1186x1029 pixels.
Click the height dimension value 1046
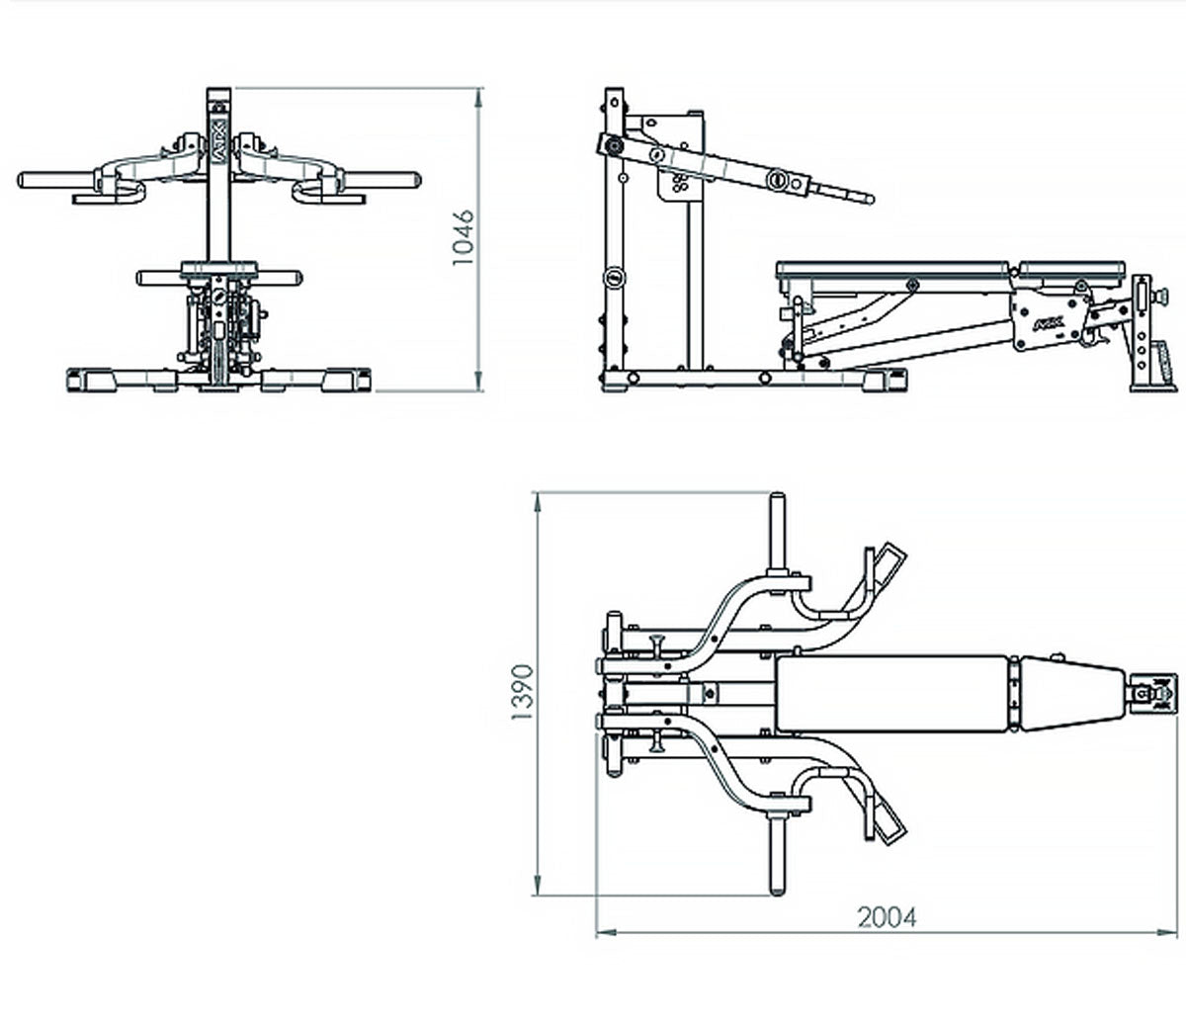point(464,237)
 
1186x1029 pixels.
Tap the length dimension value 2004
point(887,917)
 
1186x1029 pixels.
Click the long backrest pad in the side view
point(893,268)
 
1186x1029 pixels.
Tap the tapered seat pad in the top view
point(1072,695)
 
